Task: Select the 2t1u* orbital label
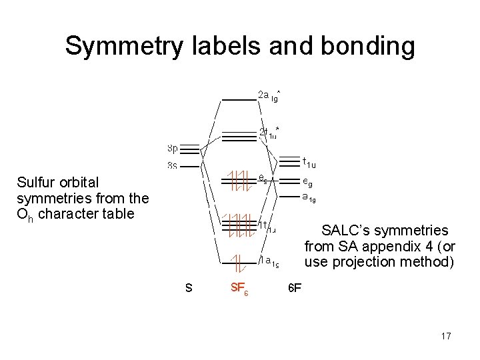pos(269,132)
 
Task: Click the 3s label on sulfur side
pos(172,165)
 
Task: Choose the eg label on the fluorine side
pos(307,181)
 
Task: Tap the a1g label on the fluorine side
pos(309,197)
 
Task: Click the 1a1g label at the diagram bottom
pos(269,261)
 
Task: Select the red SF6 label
pos(239,289)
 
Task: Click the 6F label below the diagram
pos(294,289)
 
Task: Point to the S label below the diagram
pos(189,289)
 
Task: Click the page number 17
pos(446,336)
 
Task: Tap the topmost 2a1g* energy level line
pos(239,99)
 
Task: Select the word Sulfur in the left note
pos(37,182)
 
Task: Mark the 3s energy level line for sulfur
pos(190,166)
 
